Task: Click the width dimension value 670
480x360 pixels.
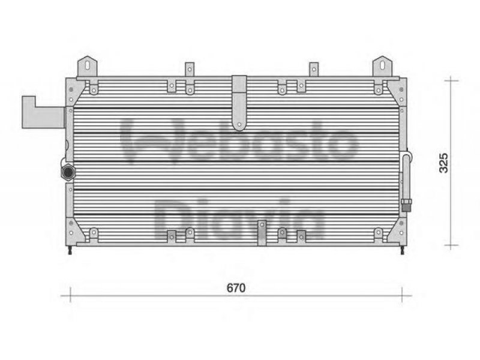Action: pyautogui.click(x=236, y=288)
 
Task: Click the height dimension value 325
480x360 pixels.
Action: pyautogui.click(x=443, y=163)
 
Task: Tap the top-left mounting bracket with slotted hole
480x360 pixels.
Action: pyautogui.click(x=87, y=67)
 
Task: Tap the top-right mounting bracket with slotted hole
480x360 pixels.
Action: pyautogui.click(x=382, y=67)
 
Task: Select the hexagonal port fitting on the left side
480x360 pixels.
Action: pyautogui.click(x=68, y=172)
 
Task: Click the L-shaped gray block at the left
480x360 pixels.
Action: pyautogui.click(x=43, y=112)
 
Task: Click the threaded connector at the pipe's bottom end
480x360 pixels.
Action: pyautogui.click(x=406, y=205)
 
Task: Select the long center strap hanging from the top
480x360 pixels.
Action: pyautogui.click(x=239, y=103)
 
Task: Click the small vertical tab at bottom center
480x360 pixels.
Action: pyautogui.click(x=262, y=233)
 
